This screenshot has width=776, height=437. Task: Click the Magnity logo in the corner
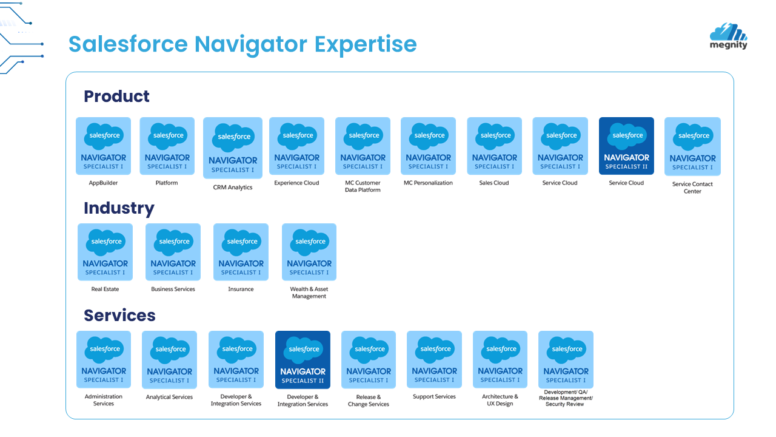[x=728, y=36]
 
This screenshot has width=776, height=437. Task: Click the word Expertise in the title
[x=366, y=44]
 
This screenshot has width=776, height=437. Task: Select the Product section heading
[x=116, y=96]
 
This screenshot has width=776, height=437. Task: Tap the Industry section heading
[x=119, y=208]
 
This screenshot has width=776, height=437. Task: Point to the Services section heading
[x=119, y=316]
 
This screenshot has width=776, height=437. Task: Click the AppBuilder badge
[x=103, y=146]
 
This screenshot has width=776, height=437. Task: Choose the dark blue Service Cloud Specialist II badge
[x=626, y=146]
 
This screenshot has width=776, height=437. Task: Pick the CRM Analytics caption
[x=233, y=188]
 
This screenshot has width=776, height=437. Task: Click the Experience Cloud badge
[x=296, y=146]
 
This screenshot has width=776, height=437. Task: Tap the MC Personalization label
[x=428, y=183]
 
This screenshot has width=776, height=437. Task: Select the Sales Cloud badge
[x=494, y=146]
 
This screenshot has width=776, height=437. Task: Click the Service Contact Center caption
[x=692, y=188]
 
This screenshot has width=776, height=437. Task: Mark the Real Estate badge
[x=105, y=252]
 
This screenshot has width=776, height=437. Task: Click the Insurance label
[x=241, y=290]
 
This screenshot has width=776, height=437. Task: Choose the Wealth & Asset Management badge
[x=309, y=252]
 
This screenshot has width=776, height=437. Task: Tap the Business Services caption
[x=173, y=290]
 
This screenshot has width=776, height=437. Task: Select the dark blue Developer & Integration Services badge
[x=303, y=360]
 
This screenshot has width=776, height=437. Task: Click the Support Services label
[x=434, y=397]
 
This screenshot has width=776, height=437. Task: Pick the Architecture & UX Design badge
[x=500, y=359]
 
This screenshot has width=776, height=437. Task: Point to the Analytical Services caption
[x=169, y=398]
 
